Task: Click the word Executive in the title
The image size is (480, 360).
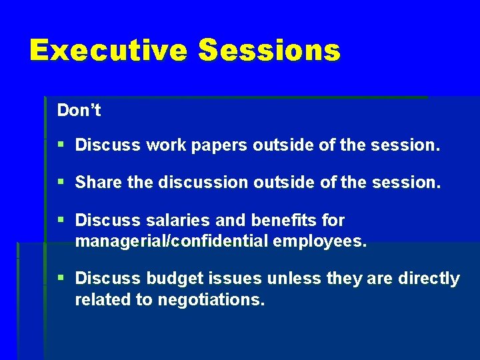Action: tap(108, 50)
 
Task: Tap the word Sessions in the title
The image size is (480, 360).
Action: tap(269, 50)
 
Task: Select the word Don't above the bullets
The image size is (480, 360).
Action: tap(79, 111)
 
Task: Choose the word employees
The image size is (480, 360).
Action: tap(320, 241)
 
